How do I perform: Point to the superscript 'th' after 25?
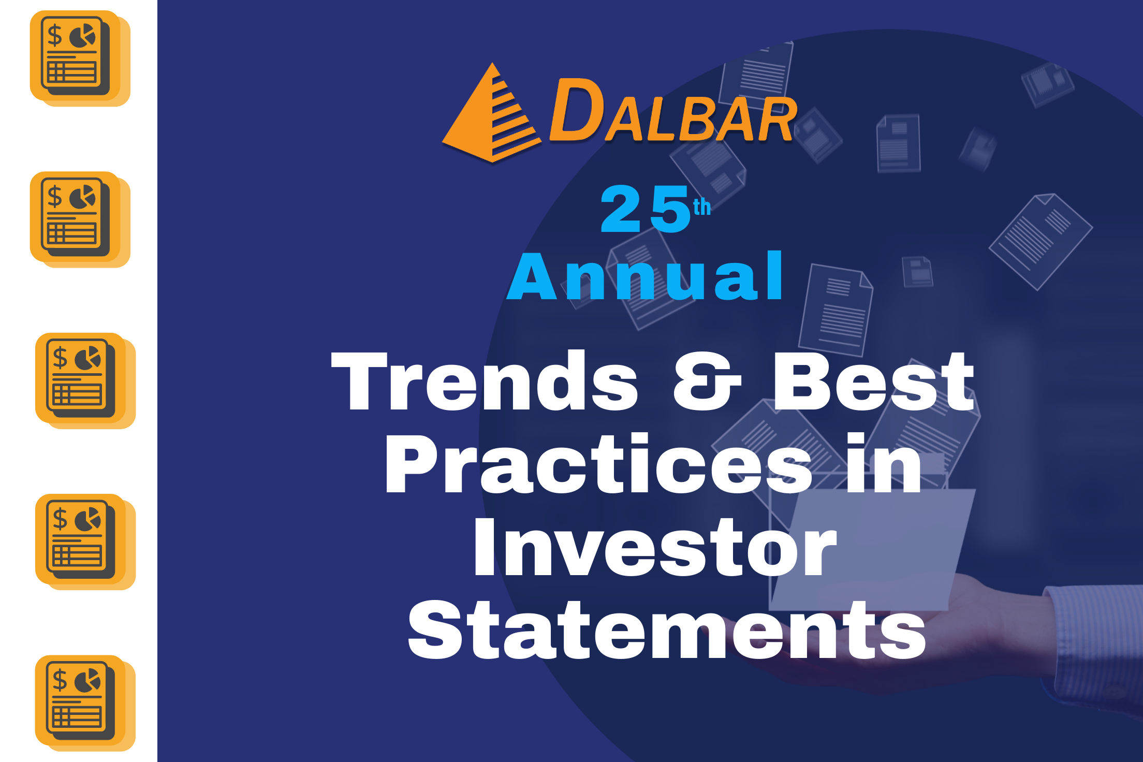coord(702,207)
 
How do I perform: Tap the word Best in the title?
coord(874,381)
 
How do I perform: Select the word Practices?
coord(598,464)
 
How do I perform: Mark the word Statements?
coord(667,630)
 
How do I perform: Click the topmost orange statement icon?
coord(80,58)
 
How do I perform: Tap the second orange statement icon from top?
coord(80,219)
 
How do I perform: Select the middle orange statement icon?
coord(85,381)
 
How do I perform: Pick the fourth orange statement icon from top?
coord(85,542)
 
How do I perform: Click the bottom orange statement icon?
coord(85,703)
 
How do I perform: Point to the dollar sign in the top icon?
coord(55,36)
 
